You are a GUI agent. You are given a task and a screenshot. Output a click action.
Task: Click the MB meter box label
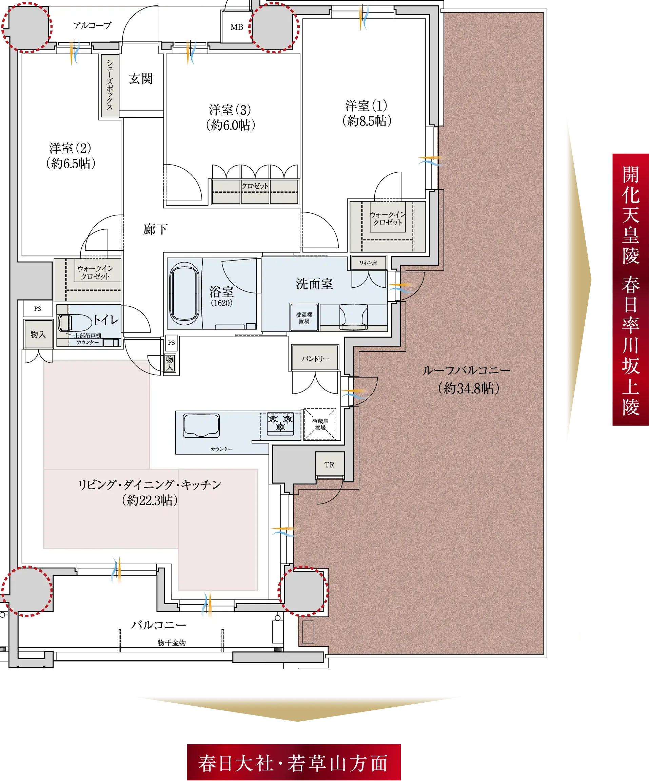coord(236,27)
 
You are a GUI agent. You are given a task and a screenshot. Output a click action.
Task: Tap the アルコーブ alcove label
coord(92,26)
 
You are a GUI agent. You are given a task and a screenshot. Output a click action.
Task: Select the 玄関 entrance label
coord(141,79)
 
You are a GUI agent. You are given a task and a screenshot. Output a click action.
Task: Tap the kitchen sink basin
coord(201,426)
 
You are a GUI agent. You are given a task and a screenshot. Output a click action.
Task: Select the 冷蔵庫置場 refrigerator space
coord(320,424)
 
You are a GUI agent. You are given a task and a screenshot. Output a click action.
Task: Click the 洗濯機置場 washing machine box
coord(304,318)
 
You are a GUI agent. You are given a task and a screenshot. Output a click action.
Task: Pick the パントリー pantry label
coord(315,359)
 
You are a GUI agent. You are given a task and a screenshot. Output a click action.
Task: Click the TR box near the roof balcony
coord(329,464)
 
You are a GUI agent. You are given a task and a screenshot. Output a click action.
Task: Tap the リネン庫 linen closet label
coord(368,263)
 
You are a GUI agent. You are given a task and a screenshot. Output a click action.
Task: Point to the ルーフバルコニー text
coord(466,370)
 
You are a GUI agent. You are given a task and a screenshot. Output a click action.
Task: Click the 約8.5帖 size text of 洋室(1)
coord(367,121)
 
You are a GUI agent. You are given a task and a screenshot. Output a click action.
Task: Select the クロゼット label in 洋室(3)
coord(255,186)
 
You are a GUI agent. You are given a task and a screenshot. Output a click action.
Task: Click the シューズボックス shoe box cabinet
coord(110,85)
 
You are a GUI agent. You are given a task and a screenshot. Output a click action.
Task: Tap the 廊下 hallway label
coord(155,229)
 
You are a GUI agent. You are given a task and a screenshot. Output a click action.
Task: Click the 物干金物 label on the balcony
coord(171,643)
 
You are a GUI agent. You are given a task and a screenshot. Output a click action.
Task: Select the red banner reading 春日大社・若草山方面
coord(293,763)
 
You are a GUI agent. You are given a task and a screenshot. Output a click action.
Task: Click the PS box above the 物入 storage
coord(38,309)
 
